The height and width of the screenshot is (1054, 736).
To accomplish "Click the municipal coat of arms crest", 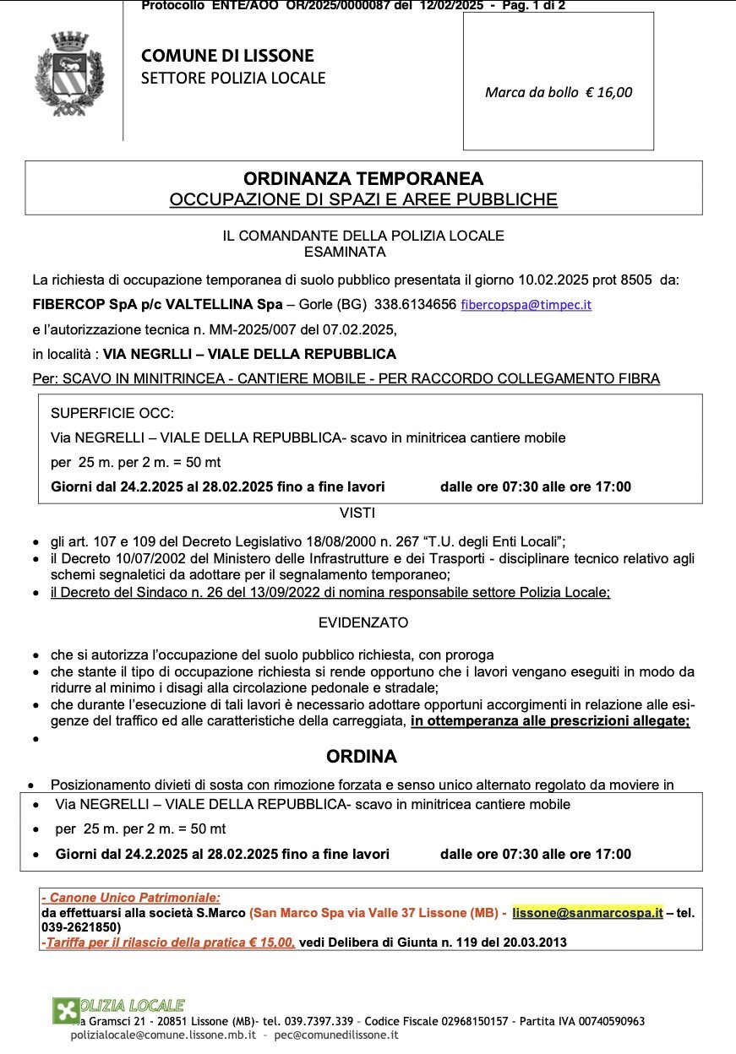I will (70, 74).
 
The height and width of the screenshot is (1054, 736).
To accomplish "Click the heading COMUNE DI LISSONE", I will (227, 57).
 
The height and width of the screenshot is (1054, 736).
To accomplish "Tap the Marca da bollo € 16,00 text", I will (558, 93).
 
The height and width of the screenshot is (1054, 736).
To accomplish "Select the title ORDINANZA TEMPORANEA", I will (363, 179).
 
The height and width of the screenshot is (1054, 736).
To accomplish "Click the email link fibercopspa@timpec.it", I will (526, 305).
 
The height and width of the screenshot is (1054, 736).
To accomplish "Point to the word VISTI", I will (357, 513).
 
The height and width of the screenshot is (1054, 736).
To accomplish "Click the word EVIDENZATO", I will (363, 623).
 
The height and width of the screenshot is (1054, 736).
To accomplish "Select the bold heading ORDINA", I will (362, 757).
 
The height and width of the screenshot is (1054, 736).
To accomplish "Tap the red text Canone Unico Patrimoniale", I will (135, 898).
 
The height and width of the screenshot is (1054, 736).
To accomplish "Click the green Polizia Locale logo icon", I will (66, 1009).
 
